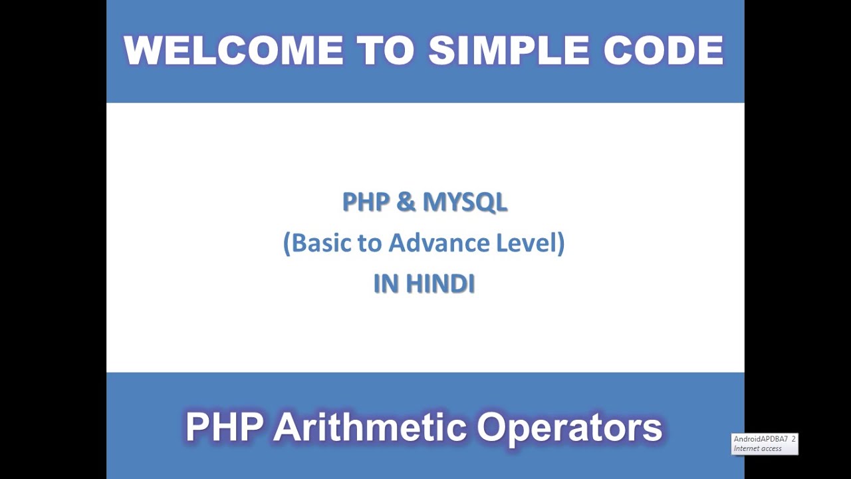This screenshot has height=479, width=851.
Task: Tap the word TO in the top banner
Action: click(385, 51)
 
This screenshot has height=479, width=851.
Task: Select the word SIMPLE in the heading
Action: click(510, 51)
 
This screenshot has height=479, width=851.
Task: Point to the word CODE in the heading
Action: click(664, 51)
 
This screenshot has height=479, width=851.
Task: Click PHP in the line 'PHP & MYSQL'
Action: click(366, 202)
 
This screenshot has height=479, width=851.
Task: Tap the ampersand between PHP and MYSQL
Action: click(405, 202)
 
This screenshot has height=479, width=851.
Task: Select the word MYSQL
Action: click(465, 202)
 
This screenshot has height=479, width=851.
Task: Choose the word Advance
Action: click(439, 243)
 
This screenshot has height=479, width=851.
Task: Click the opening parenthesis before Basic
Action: click(287, 243)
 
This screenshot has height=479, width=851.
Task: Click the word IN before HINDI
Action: click(386, 284)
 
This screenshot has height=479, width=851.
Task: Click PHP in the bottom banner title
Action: click(224, 427)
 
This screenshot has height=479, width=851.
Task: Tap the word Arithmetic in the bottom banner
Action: click(370, 427)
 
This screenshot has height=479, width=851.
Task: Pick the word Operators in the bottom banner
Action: click(570, 427)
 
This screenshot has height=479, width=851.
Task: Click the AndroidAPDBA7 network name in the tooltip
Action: click(760, 439)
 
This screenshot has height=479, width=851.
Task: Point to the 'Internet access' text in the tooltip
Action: click(757, 448)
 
